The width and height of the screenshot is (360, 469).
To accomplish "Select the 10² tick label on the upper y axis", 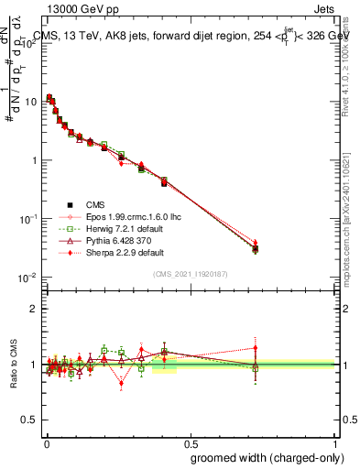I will click(29, 43).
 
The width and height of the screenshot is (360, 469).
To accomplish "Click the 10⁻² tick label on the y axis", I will click(28, 278).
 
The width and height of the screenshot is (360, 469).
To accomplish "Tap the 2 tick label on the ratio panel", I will click(34, 309).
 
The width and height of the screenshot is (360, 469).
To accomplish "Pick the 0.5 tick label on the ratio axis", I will click(29, 420).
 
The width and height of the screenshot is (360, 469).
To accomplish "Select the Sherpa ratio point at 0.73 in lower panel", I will click(256, 348).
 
